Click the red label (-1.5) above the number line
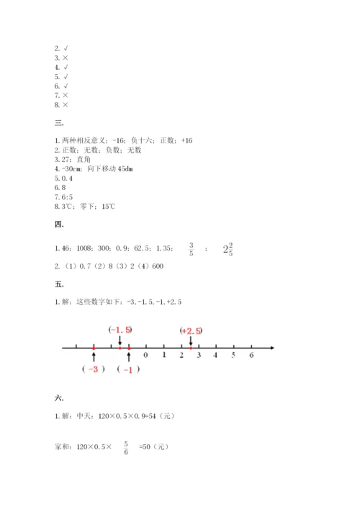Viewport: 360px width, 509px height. coord(120,330)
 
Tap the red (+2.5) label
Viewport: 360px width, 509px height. coord(191,330)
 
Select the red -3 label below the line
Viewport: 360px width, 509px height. coord(94,369)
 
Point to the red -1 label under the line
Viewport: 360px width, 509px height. coord(129,369)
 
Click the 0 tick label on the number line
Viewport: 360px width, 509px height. coord(146,356)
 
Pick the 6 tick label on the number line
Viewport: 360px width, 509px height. coord(251,356)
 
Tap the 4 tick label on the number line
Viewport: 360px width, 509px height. coord(216,356)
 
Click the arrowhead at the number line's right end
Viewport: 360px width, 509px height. coord(272,348)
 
